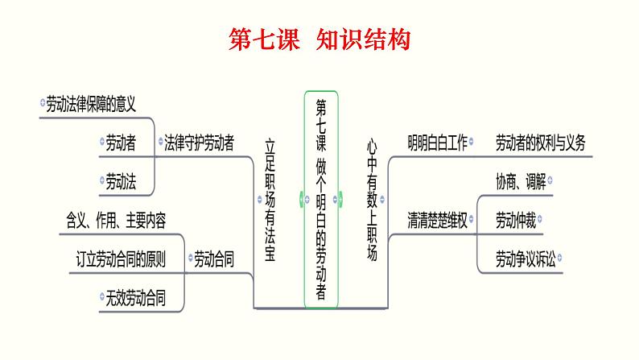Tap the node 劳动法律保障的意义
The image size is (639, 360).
[90, 103]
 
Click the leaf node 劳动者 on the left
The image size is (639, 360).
[120, 143]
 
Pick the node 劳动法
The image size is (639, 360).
[120, 182]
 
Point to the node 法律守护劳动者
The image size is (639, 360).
[199, 143]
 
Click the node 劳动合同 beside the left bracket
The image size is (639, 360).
[214, 259]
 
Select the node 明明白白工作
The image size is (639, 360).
[437, 143]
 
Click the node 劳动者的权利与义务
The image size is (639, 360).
[540, 143]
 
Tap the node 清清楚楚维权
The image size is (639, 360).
[437, 220]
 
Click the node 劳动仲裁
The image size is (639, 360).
[516, 220]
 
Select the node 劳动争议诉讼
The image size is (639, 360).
[526, 259]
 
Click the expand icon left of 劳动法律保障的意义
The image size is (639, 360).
[43, 103]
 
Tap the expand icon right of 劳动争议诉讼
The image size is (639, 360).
[560, 259]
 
